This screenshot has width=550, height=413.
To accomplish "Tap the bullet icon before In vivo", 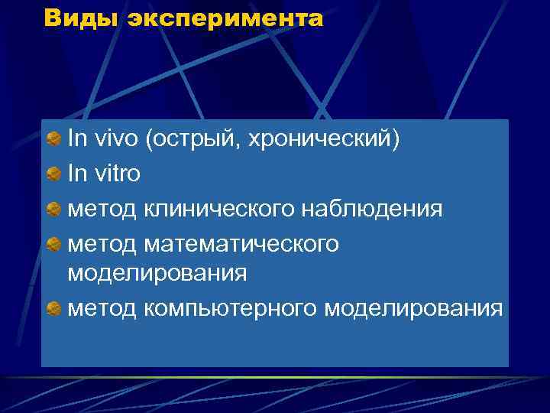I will click(53, 140).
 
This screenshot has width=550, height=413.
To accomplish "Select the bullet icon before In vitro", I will click(53, 174).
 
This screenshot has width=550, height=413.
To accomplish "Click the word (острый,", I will click(196, 141).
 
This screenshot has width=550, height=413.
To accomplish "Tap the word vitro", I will click(116, 174).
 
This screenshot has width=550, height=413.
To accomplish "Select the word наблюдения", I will click(370, 209).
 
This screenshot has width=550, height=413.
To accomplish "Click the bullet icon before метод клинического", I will click(53, 209).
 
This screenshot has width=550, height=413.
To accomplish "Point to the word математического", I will click(240, 244).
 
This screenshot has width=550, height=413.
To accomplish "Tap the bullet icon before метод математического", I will click(53, 244).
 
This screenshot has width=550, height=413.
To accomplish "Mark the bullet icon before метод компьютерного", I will click(53, 308).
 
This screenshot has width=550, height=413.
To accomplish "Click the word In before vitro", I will click(77, 174).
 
